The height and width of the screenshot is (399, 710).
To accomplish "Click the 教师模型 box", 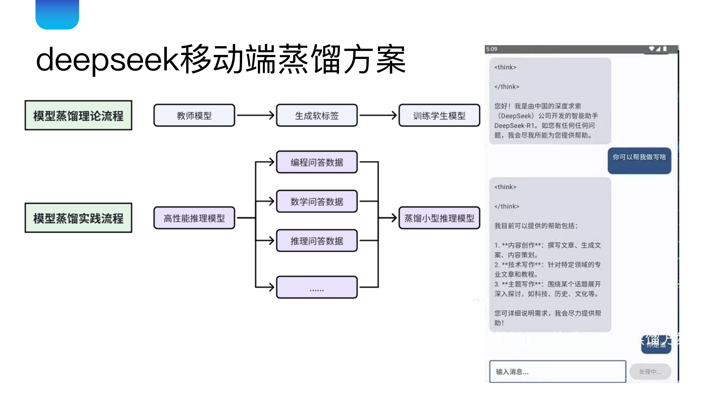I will click(194, 115).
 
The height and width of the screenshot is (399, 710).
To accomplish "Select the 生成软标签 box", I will click(317, 115).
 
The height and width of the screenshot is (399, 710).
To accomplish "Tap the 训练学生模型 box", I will click(439, 115).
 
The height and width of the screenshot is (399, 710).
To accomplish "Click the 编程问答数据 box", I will click(317, 162).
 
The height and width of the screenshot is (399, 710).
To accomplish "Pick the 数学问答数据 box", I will click(317, 201).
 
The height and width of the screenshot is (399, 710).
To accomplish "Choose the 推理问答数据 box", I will click(317, 241).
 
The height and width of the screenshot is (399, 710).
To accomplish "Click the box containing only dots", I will click(317, 287).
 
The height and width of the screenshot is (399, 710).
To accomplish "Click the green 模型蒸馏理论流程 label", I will click(78, 115).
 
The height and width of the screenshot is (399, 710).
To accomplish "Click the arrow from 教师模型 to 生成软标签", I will click(255, 115).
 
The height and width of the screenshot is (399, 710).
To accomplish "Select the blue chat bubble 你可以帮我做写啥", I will click(639, 161).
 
